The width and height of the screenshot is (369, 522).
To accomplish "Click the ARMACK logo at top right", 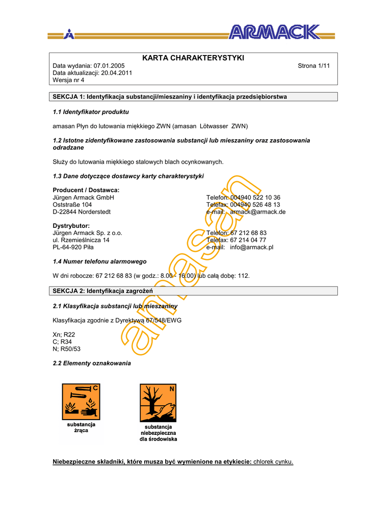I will click(274, 33).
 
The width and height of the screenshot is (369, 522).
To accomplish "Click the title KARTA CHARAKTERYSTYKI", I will click(193, 58).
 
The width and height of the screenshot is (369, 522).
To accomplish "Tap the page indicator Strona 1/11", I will click(313, 66).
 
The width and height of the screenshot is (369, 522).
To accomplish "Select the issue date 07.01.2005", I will click(109, 66).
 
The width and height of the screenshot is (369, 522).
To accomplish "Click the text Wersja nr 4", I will click(68, 80).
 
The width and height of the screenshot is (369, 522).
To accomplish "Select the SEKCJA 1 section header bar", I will click(193, 97).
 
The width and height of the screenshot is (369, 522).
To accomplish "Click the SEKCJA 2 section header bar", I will click(193, 291).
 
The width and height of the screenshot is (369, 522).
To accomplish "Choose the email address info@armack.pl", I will click(251, 247).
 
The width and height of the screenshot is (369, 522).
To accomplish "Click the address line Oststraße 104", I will click(72, 204).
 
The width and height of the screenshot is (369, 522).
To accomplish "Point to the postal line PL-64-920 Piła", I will click(73, 247).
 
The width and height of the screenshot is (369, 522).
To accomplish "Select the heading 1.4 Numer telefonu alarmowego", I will click(100, 262).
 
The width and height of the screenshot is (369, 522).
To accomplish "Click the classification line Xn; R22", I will click(64, 334).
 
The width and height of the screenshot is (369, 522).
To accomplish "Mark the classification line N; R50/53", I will click(67, 349).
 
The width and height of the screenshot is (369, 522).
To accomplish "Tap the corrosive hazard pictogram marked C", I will click(81, 402).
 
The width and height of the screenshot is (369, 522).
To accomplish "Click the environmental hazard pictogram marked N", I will click(158, 403).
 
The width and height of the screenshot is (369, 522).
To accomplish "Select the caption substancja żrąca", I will click(81, 428).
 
